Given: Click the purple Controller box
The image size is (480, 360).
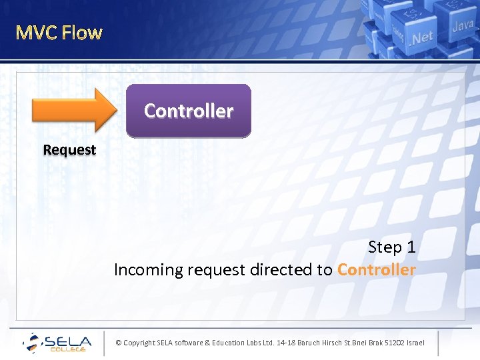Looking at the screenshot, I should click(x=189, y=111).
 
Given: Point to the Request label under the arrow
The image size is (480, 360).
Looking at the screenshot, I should click(x=69, y=150).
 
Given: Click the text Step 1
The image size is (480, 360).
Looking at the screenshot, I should click(x=392, y=247).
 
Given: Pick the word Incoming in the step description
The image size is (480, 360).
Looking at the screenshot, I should click(x=148, y=270).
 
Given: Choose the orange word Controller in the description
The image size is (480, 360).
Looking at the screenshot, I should click(x=376, y=270).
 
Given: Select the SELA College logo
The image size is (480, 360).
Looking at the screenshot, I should click(x=57, y=343).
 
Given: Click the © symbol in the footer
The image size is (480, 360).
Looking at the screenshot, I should click(x=119, y=343).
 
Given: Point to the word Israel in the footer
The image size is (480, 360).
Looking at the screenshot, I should click(x=414, y=343).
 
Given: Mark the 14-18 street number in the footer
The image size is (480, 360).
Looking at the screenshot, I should click(x=287, y=343).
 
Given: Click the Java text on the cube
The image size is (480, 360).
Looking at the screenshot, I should click(x=463, y=26).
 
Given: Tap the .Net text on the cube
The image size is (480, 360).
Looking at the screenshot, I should click(x=422, y=37).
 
